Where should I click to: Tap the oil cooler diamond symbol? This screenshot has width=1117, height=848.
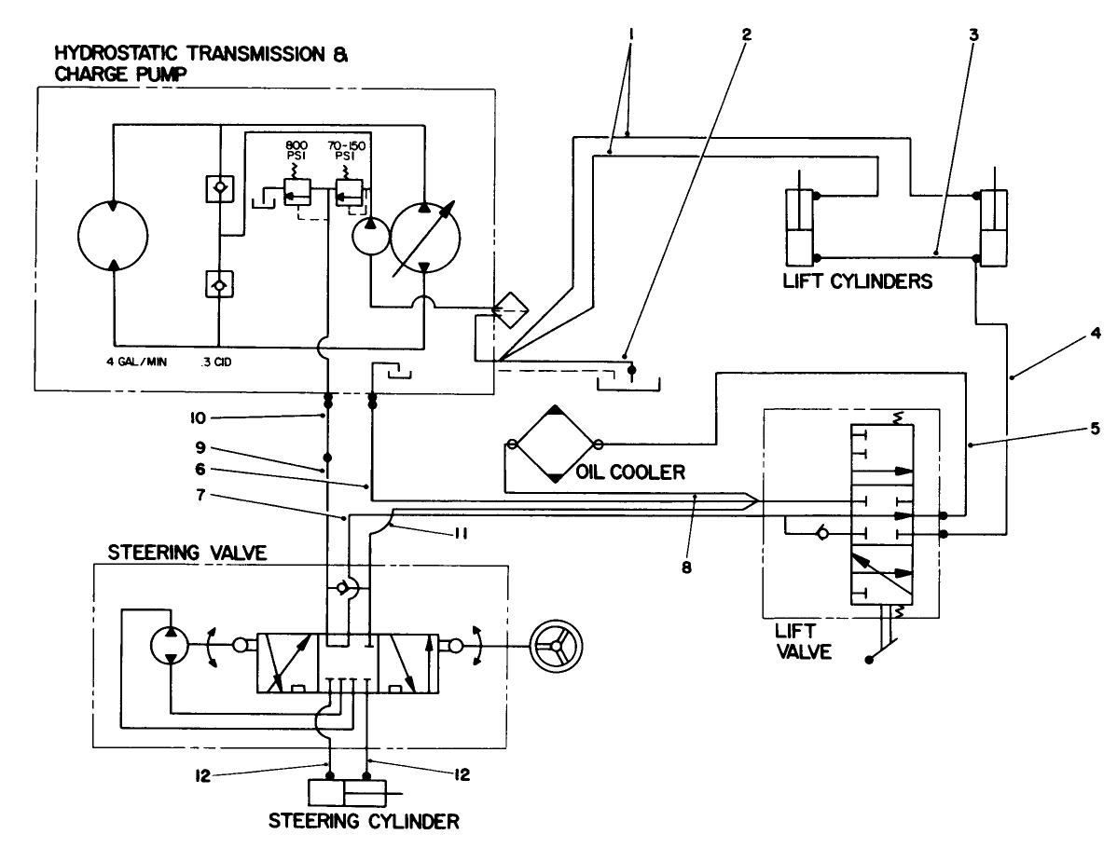[x=554, y=445]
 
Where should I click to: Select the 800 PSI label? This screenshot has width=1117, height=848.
[x=296, y=152]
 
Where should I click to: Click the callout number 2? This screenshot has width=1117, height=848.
[x=746, y=34]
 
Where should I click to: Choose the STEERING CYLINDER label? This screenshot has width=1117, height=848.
[x=364, y=823]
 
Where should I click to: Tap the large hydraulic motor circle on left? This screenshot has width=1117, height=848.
[x=111, y=234]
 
